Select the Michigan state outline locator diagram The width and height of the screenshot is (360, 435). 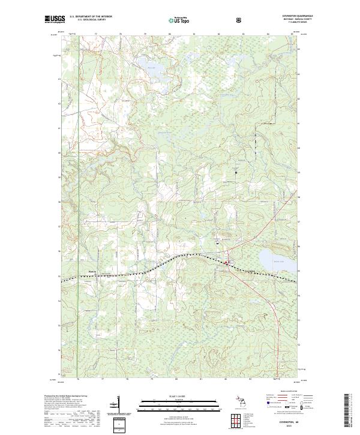pyautogui.click(x=239, y=403)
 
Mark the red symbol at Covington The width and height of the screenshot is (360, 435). pyautogui.click(x=227, y=263)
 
